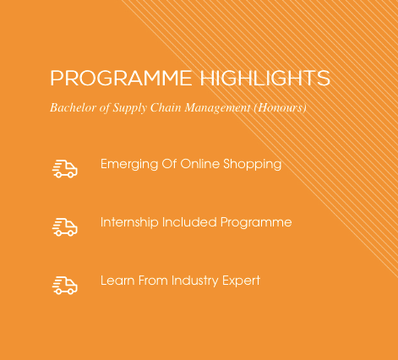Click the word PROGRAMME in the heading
(x=121, y=78)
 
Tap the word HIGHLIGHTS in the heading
(x=265, y=78)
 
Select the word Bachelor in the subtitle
(x=74, y=107)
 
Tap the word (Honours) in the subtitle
(x=281, y=108)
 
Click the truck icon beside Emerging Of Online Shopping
(x=65, y=169)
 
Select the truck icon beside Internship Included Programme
(x=65, y=227)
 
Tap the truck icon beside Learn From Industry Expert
(x=65, y=286)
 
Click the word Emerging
(x=129, y=165)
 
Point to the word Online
(x=200, y=164)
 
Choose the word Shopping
(x=253, y=165)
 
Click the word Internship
(x=129, y=222)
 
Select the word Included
(x=189, y=222)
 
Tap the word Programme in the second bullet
(x=256, y=223)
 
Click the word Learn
(x=117, y=281)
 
